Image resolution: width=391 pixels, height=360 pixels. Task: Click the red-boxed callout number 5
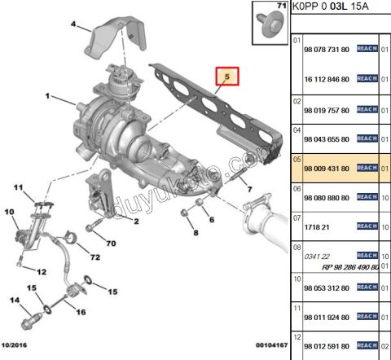227,77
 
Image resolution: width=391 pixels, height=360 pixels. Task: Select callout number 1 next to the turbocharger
48,97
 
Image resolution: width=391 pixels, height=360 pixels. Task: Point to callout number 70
112,242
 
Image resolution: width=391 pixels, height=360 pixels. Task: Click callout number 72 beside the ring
94,258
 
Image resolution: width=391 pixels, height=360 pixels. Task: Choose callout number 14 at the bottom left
14,301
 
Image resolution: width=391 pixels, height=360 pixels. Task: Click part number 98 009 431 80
326,169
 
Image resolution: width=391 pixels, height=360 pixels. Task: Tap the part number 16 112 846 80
326,79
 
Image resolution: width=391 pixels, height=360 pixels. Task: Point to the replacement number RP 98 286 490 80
348,266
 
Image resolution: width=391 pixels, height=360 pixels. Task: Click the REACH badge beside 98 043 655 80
367,139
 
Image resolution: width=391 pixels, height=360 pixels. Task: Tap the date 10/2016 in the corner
17,345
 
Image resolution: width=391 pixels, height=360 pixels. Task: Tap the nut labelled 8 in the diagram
186,214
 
